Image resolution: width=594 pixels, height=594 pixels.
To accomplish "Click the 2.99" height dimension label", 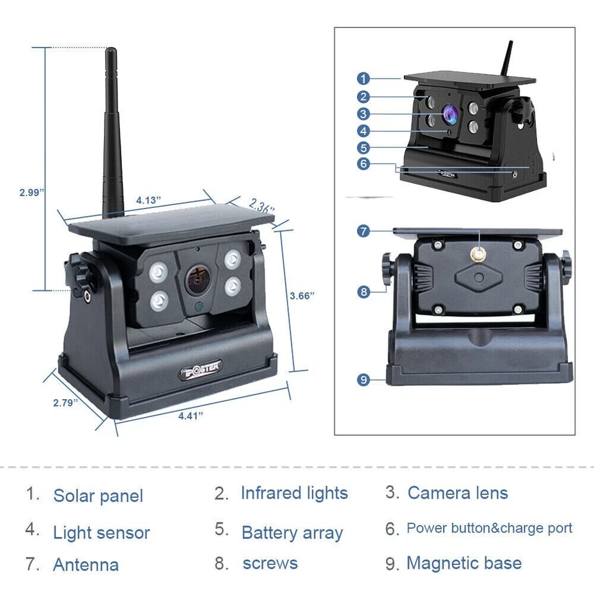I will point(32,192).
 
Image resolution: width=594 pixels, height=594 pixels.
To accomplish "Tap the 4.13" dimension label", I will point(148,200).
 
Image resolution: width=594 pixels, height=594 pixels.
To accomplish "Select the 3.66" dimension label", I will point(302,296).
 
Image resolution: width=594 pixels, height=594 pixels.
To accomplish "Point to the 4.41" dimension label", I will point(191,416).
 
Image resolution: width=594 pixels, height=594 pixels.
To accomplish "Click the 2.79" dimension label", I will point(66,403).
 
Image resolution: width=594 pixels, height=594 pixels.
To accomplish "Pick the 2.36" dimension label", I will point(262,206).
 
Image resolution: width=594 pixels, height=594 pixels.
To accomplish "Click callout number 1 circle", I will point(363,79).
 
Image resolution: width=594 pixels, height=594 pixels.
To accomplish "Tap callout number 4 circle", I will point(363,131).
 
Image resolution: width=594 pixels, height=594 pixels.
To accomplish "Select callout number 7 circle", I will point(363,231).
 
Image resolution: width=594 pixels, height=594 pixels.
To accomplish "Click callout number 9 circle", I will point(363,380).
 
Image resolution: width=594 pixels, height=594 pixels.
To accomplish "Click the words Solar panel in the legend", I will point(98,496).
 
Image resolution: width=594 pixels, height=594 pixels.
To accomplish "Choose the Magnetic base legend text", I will point(463,564).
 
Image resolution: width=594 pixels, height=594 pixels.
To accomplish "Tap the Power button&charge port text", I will point(489,528).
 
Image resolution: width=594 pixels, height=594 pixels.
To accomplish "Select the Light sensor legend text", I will point(101,533).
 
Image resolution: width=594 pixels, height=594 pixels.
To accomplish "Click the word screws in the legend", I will point(270,564).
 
